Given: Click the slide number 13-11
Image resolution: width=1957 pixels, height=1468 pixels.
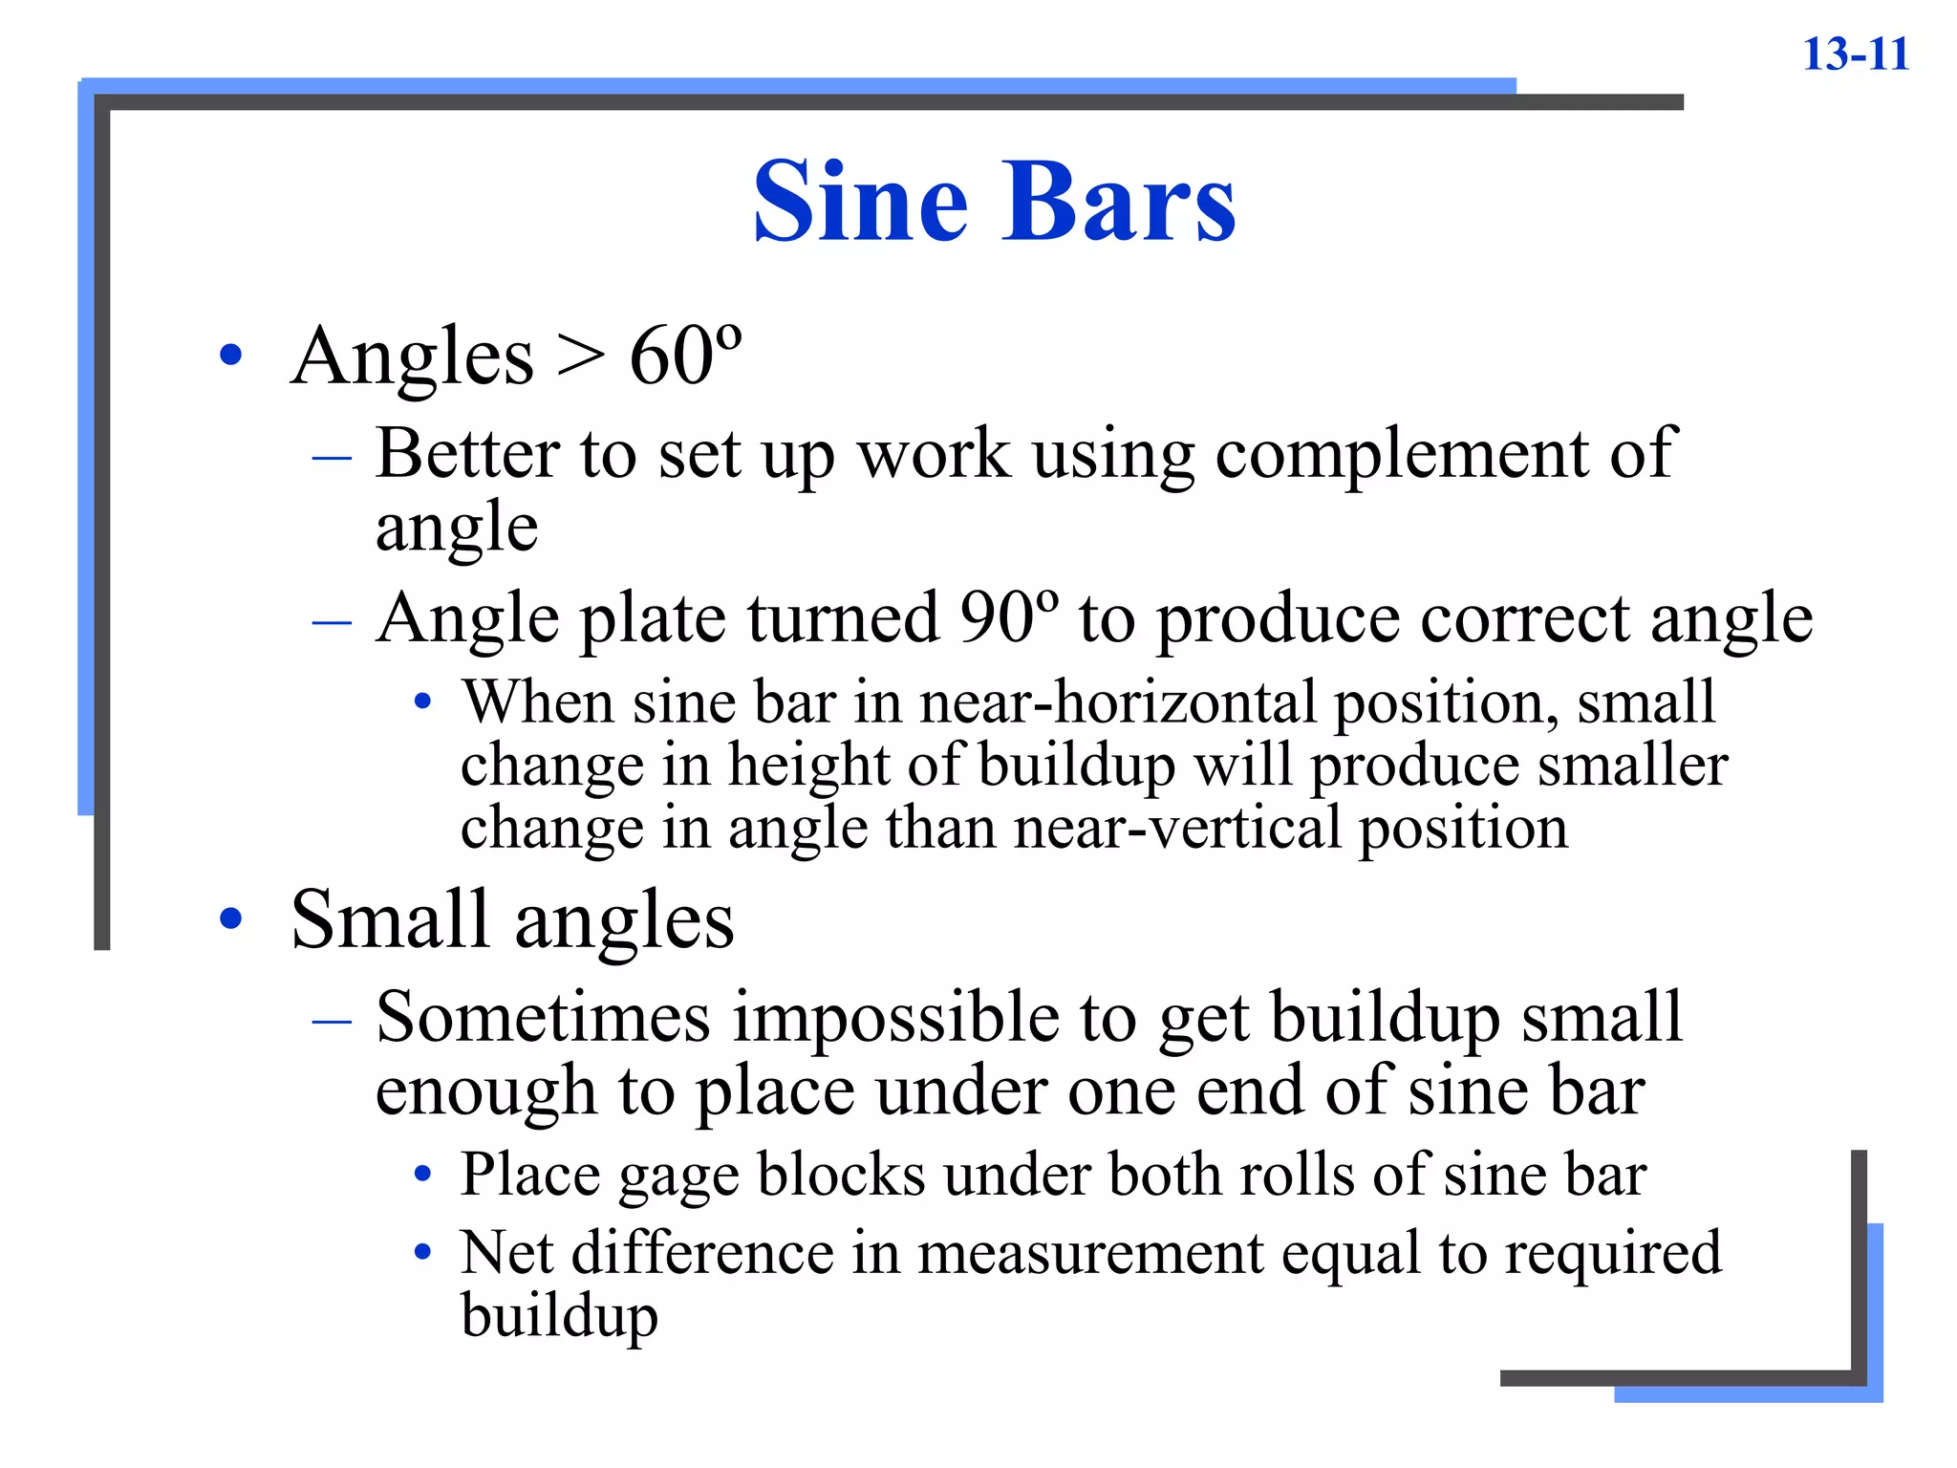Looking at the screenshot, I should click(1855, 54).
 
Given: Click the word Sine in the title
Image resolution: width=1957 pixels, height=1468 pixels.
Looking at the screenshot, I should click(860, 202).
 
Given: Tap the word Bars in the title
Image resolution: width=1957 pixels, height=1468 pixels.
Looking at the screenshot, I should click(1118, 202).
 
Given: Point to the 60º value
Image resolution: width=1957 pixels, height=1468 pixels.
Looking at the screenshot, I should click(685, 356).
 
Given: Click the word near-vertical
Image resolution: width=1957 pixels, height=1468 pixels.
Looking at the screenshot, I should click(1177, 828).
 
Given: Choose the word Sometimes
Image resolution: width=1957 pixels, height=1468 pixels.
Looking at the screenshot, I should click(543, 1017).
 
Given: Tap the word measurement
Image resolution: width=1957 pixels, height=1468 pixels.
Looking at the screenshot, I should click(1090, 1254).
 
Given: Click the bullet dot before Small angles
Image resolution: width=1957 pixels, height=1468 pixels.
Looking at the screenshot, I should click(230, 919).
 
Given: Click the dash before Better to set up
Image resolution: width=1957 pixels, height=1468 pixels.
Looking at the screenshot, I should click(332, 457).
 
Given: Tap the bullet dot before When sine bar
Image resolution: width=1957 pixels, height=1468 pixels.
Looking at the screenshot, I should click(422, 703).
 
